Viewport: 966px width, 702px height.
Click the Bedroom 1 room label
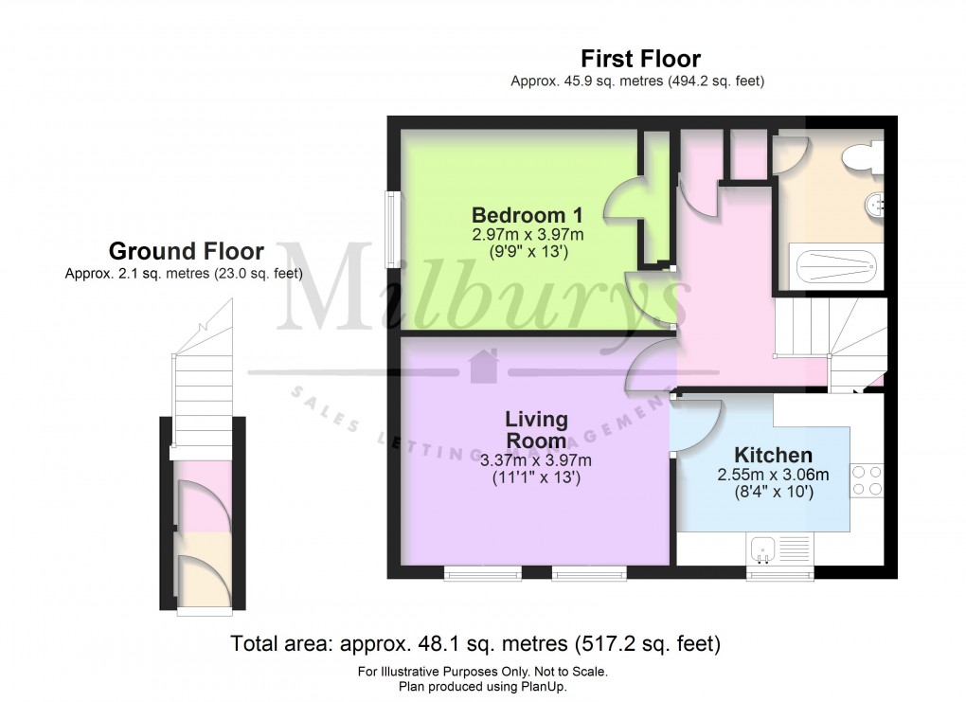pos(528,213)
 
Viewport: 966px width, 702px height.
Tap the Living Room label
pos(536,429)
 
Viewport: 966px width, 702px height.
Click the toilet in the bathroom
pos(863,156)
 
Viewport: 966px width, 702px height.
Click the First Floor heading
pos(640,60)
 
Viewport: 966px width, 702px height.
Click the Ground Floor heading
pos(187,251)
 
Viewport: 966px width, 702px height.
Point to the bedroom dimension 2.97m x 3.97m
pos(528,234)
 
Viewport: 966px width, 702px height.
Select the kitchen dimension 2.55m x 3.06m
pos(773,475)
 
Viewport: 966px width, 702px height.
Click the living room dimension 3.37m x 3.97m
pos(536,460)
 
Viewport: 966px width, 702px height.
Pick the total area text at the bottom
pos(476,644)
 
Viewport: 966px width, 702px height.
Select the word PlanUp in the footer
pos(555,687)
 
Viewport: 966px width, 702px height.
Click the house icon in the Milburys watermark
pos(484,366)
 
